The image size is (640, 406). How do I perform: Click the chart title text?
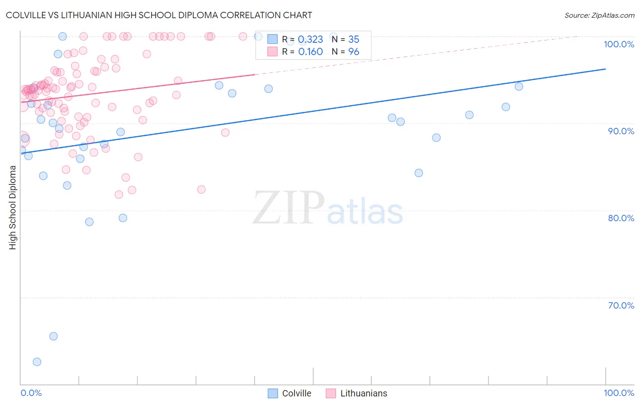tap(159, 15)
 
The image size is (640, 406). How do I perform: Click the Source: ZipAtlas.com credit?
tap(599, 15)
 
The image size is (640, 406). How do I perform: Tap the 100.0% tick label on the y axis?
tap(619, 44)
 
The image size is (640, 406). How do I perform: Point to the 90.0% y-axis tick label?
tap(621, 131)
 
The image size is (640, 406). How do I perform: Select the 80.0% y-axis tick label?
tap(621, 218)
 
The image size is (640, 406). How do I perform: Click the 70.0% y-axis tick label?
tap(621, 305)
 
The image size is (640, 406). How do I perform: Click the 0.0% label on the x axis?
tap(31, 393)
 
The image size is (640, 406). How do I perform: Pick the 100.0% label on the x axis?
tap(619, 393)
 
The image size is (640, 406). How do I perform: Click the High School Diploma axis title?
tap(12, 207)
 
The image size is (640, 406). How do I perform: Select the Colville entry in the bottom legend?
tap(296, 393)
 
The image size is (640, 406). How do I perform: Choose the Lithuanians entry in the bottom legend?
tap(363, 393)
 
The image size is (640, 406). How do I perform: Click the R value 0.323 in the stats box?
tap(310, 40)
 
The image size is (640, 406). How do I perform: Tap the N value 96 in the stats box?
tap(354, 52)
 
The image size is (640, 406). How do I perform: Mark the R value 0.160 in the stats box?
tap(310, 52)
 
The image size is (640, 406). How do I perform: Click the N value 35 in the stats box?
tap(354, 40)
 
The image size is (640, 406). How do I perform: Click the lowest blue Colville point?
tap(37, 362)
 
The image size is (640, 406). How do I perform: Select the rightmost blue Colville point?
tap(519, 86)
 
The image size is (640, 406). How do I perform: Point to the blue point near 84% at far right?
tap(419, 173)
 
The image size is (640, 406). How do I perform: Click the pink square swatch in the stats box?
tap(272, 51)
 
